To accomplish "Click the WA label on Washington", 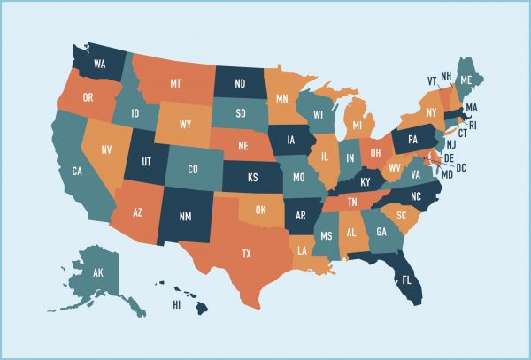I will tap(100, 65).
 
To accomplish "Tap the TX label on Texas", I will tap(247, 253).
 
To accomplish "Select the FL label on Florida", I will tap(407, 280).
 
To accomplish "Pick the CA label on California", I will tap(77, 171).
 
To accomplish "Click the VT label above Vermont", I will tap(432, 80).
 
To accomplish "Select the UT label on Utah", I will tap(144, 162).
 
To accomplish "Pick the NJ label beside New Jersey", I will tap(450, 144).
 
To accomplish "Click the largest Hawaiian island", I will tap(202, 307).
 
